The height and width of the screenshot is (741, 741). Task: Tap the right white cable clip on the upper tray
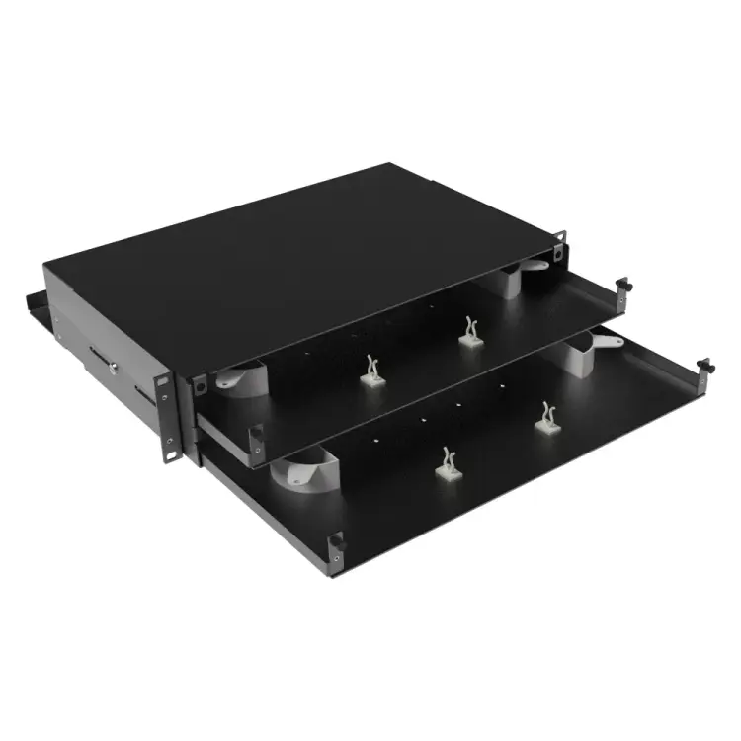[469, 331]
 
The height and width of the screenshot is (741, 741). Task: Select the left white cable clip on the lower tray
[448, 462]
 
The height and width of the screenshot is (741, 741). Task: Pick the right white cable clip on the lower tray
[545, 416]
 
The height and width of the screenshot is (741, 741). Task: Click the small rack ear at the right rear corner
[560, 244]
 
